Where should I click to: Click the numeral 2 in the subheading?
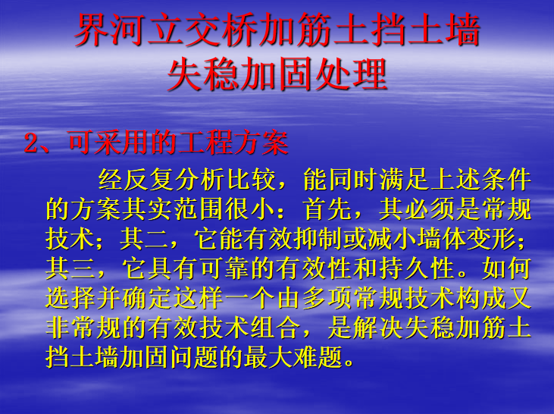tap(31, 143)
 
